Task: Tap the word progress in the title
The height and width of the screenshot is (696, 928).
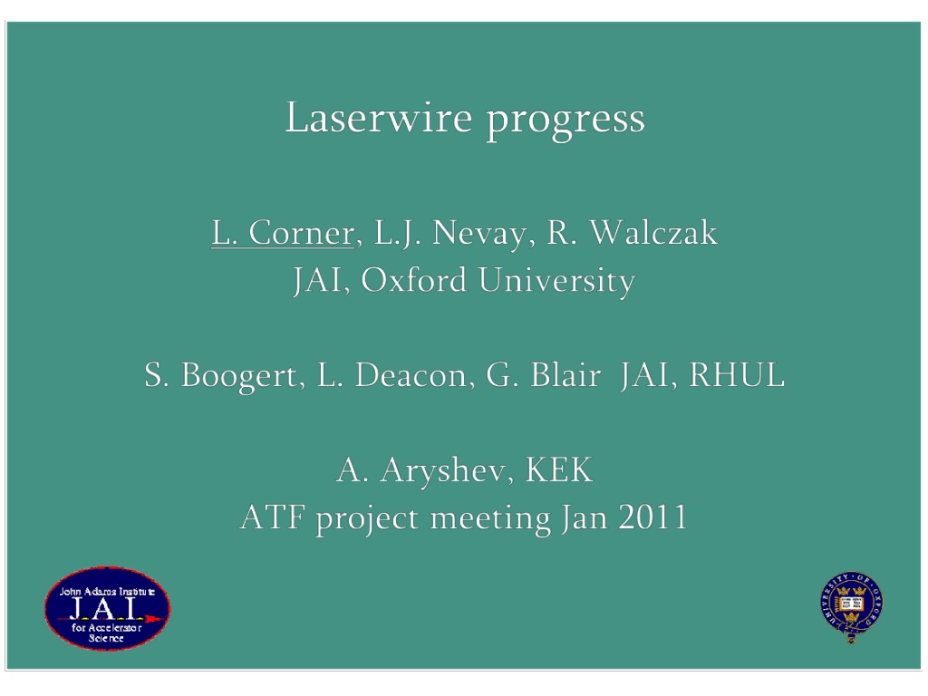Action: (565, 122)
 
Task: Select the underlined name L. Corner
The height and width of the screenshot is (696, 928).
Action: (283, 233)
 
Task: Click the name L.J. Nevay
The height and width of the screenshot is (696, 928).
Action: (449, 234)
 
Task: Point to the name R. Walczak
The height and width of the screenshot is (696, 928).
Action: (632, 232)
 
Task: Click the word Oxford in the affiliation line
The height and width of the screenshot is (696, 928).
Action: (413, 279)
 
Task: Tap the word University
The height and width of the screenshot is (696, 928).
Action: (556, 281)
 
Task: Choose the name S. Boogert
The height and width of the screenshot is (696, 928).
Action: (221, 375)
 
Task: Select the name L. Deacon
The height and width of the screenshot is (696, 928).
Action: (391, 375)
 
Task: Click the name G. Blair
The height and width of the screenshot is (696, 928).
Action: (544, 375)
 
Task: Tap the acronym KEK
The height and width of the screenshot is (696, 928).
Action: (558, 470)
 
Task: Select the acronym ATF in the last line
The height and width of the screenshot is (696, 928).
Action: (273, 517)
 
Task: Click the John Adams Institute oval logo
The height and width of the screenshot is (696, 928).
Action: (107, 608)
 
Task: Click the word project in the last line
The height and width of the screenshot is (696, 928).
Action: (367, 519)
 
